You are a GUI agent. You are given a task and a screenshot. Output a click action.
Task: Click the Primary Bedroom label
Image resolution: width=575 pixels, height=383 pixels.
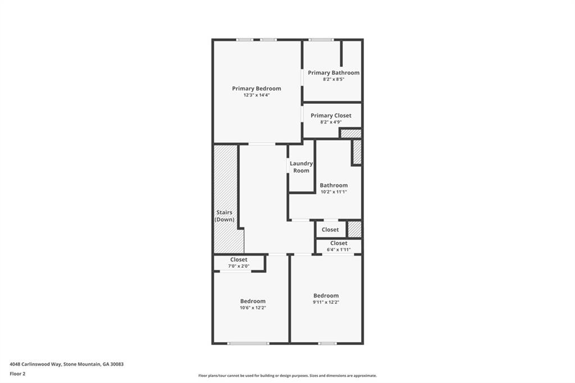point(257,89)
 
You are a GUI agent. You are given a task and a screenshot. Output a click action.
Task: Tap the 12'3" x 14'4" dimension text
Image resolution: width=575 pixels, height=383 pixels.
point(257,95)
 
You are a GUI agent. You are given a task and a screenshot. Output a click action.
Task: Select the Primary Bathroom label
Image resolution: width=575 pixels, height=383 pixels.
point(334,73)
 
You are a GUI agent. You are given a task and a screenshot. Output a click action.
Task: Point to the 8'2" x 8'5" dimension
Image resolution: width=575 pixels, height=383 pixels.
point(334,80)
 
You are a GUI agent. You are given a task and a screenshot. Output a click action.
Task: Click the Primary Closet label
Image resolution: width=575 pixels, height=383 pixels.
point(331,116)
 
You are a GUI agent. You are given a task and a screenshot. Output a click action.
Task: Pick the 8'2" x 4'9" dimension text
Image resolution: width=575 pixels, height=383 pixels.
point(331,122)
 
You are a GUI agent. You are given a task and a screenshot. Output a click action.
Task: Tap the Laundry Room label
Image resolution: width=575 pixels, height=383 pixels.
point(301,167)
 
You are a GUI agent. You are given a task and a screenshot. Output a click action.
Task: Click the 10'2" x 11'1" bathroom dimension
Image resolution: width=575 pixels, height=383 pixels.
point(334,192)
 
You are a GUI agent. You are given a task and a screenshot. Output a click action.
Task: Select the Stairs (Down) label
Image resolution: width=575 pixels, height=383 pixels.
point(225,216)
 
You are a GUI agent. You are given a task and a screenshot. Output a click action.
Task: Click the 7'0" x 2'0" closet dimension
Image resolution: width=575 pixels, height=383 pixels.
point(239,266)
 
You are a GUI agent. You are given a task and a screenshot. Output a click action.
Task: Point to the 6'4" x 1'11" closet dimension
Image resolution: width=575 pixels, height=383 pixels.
point(339,249)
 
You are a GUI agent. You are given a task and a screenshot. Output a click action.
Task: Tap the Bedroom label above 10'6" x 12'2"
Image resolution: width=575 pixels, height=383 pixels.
point(253,302)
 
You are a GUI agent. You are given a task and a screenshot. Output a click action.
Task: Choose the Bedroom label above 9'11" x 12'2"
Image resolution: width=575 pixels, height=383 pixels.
point(326,296)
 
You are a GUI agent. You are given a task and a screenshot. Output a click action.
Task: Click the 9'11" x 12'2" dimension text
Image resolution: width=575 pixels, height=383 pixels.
point(326,302)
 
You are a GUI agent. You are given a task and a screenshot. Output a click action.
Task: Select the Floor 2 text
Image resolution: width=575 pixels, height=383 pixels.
point(17,373)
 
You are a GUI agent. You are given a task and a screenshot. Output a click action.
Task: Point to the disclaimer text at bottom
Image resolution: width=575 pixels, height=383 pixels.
point(287,376)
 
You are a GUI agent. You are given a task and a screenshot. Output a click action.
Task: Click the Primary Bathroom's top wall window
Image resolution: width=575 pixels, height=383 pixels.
point(321,40)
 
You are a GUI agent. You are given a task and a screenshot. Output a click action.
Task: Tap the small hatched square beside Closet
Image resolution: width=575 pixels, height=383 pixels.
point(354,229)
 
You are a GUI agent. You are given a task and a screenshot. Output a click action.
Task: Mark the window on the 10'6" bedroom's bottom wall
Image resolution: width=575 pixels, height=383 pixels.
point(248,343)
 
